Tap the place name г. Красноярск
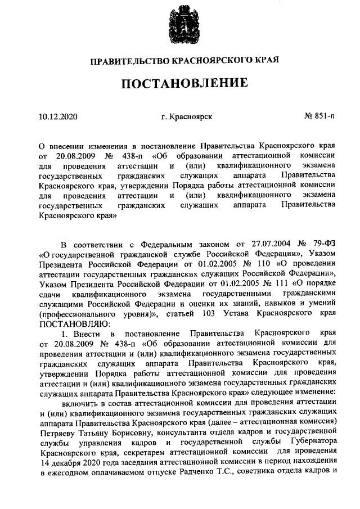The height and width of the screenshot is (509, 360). [186, 117]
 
